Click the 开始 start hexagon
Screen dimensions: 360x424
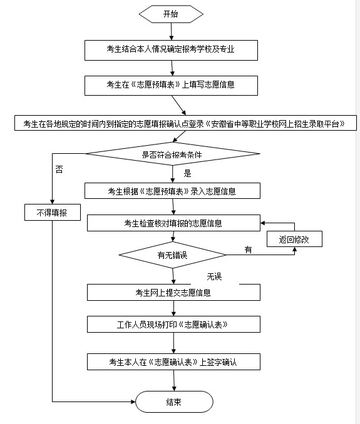pyautogui.click(x=171, y=14)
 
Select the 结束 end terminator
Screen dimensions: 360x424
pyautogui.click(x=174, y=402)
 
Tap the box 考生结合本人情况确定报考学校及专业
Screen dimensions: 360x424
pyautogui.click(x=171, y=50)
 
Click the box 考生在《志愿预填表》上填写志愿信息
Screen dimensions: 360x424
pyautogui.click(x=171, y=86)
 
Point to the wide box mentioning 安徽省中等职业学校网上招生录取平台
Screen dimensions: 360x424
pyautogui.click(x=185, y=123)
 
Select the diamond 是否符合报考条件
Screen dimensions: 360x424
pyautogui.click(x=173, y=154)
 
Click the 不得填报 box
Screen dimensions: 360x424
pyautogui.click(x=53, y=212)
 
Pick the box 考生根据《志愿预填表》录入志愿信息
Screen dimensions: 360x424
pyautogui.click(x=172, y=191)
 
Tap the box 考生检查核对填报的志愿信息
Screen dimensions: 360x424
pyautogui.click(x=173, y=223)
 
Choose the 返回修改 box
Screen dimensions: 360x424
pyautogui.click(x=294, y=239)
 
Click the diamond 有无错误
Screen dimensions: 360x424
pyautogui.click(x=172, y=255)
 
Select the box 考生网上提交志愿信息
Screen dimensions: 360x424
pyautogui.click(x=173, y=292)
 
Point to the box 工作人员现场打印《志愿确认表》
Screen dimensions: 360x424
pyautogui.click(x=173, y=324)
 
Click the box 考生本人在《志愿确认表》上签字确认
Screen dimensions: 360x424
pyautogui.click(x=173, y=362)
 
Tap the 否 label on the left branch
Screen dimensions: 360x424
pyautogui.click(x=59, y=169)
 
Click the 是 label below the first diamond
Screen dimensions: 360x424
pyautogui.click(x=187, y=173)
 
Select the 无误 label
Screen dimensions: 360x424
pyautogui.click(x=214, y=276)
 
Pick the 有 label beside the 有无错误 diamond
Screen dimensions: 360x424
pyautogui.click(x=248, y=250)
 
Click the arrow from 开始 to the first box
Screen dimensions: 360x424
pyautogui.click(x=172, y=32)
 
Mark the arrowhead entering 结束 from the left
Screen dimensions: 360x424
pyautogui.click(x=133, y=402)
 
